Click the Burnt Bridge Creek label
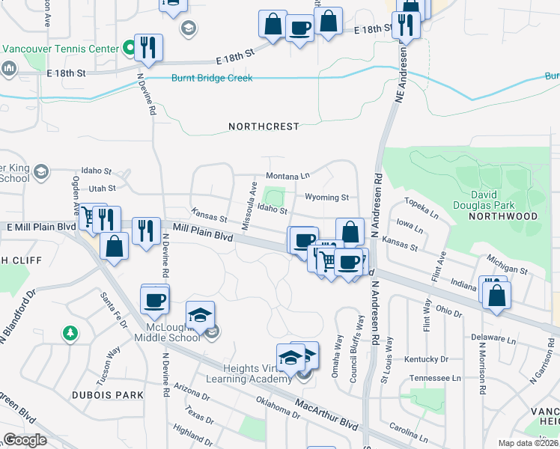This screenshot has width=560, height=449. [x=212, y=78]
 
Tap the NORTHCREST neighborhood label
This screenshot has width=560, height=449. [x=264, y=127]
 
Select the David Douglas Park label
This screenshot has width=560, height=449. [x=484, y=198]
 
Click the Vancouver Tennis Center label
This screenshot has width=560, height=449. [x=61, y=49]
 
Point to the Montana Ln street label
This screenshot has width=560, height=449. [x=287, y=175]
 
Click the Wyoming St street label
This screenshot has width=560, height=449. [x=326, y=198]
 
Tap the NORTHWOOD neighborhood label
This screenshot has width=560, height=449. [x=502, y=216]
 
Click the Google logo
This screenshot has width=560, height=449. [x=25, y=440]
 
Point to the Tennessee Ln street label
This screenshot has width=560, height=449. [x=436, y=379]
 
